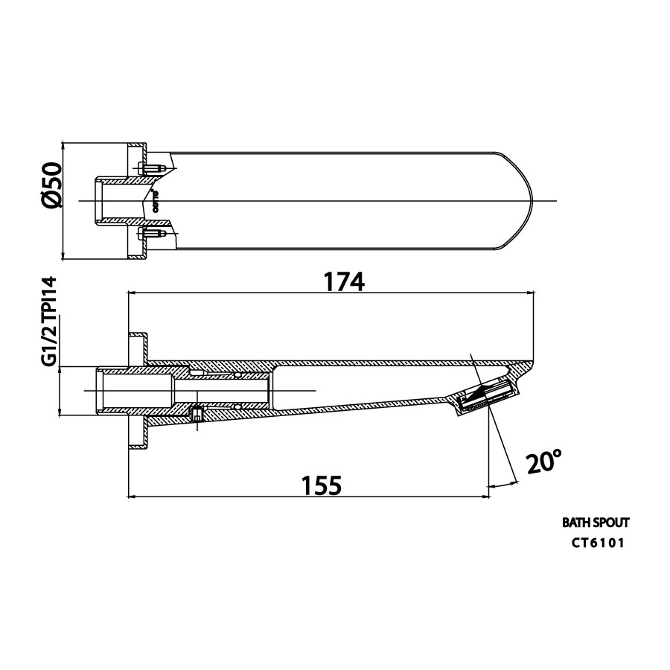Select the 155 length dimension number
[x=322, y=485]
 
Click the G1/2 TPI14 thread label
[x=50, y=321]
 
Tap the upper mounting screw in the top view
[x=150, y=168]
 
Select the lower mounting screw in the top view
[x=150, y=234]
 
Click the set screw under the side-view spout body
[x=197, y=414]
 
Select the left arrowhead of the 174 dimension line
[x=133, y=293]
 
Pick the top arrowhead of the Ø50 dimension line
[x=64, y=146]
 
